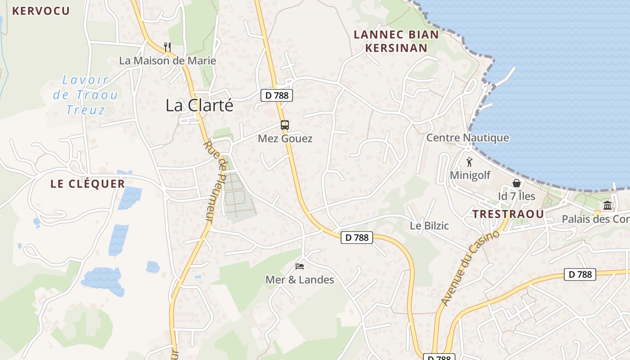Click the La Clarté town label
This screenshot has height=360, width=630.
coord(199,105)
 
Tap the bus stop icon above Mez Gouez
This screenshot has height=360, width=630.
coord(285,125)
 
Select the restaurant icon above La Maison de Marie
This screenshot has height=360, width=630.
coord(167,47)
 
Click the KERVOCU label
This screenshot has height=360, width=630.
coord(41,11)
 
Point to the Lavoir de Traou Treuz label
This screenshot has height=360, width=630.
coord(85,95)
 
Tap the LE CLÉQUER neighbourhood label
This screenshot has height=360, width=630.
coord(88,184)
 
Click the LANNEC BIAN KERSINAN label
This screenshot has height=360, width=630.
coord(396,41)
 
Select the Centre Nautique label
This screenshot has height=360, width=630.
coord(468,138)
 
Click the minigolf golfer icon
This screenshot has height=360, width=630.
coord(470,162)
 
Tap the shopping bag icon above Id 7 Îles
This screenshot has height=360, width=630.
coord(517,183)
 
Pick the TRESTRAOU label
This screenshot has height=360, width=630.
coord(508,214)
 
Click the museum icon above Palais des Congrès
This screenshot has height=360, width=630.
coord(607,206)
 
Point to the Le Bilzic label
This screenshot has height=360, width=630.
coord(429,226)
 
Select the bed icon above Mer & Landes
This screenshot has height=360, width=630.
coord(300,266)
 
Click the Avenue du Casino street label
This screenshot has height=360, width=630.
coord(470,268)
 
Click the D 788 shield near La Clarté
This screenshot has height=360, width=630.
coord(277,95)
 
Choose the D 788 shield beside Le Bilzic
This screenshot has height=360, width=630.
coord(357,238)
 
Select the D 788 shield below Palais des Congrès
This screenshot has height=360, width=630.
coord(580,274)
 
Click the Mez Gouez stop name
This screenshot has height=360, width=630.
coord(285,139)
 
